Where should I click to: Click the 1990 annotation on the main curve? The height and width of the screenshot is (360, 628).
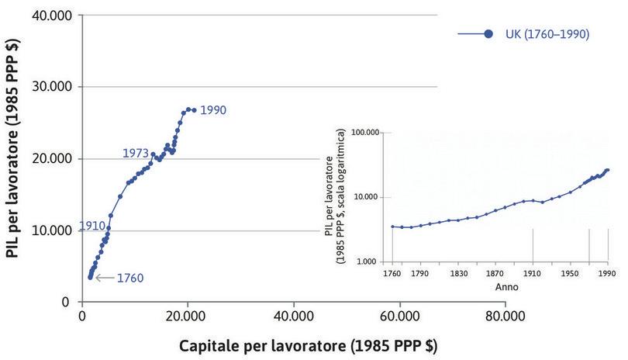tap(213, 110)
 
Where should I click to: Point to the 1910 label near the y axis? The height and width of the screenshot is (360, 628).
tap(91, 226)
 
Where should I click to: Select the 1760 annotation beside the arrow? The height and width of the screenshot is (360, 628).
tap(129, 277)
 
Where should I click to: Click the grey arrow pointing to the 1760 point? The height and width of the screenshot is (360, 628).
tap(104, 277)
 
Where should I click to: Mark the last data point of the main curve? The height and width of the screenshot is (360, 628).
tap(194, 110)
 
